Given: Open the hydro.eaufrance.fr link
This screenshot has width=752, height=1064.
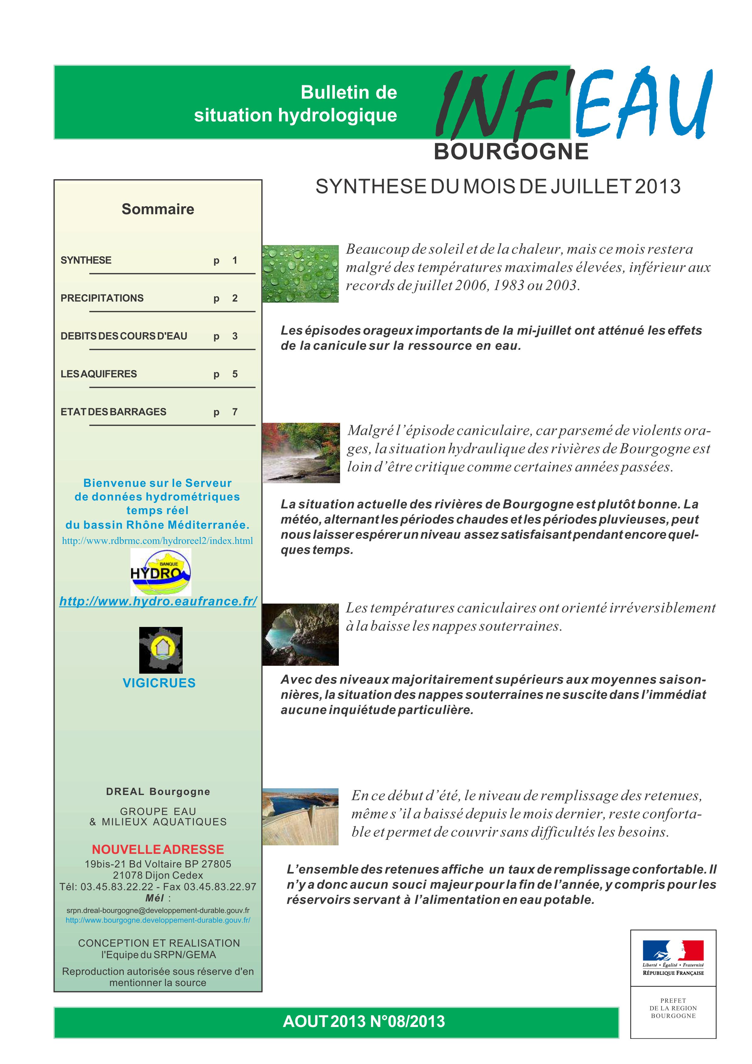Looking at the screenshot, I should click(x=158, y=601).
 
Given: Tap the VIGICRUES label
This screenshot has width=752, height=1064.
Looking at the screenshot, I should click(x=159, y=683).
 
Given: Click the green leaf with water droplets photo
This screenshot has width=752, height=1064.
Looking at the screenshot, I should click(x=300, y=273).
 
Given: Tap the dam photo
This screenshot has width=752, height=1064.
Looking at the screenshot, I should click(x=300, y=816).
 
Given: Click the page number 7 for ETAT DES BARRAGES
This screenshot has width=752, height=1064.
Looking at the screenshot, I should click(x=235, y=412).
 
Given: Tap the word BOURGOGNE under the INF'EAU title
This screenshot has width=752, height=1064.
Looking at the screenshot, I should click(x=511, y=152).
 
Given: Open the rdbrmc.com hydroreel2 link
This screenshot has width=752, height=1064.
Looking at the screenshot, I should click(x=157, y=540).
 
